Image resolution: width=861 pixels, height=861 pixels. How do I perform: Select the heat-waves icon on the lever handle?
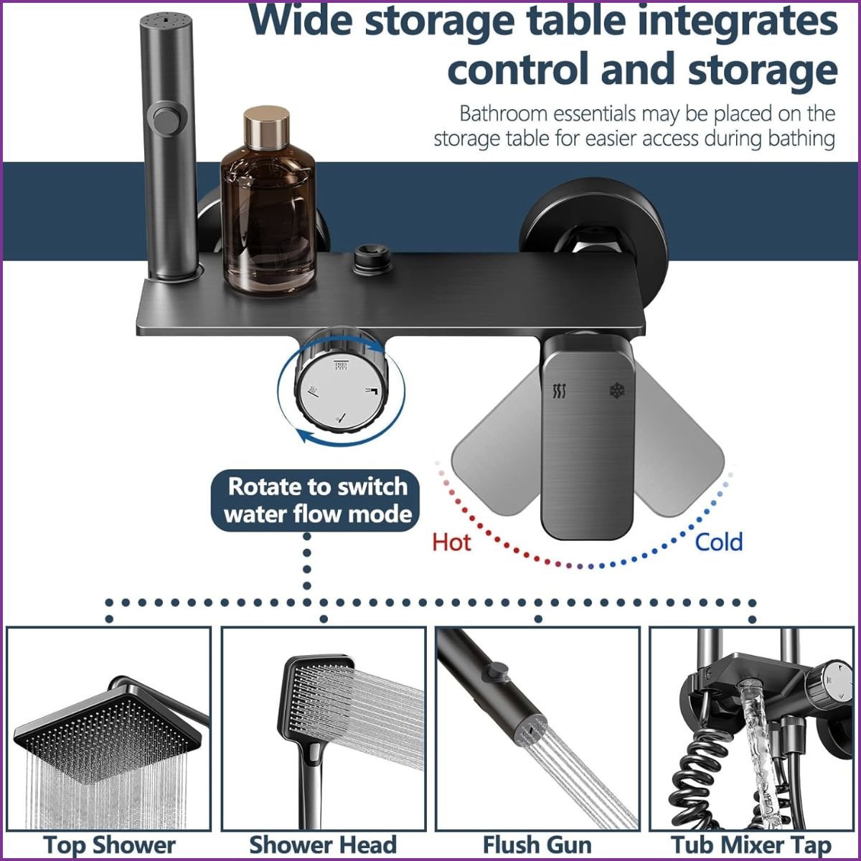pos(559,390)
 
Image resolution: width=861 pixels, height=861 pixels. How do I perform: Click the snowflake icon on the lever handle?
pos(617,390)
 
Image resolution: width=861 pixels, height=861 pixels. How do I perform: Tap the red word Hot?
pos(451,542)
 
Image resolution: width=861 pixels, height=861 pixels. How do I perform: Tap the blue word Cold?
pos(719,542)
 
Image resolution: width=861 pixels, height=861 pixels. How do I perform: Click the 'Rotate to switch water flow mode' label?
pos(317,500)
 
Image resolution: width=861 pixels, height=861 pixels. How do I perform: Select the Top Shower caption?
pos(110,845)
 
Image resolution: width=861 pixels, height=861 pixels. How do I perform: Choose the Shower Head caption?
pos(323,845)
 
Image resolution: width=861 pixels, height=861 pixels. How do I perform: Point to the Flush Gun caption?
pos(537,845)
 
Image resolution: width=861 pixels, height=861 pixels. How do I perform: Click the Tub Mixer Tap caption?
pos(751,845)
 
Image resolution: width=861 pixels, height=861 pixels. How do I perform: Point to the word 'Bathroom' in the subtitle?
pos(503,114)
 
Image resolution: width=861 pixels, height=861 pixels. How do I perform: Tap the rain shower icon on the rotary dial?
pos(342,366)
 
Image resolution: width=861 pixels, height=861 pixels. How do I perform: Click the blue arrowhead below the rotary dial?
pos(306,435)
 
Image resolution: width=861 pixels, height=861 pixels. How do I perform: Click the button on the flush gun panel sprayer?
pos(497,671)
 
